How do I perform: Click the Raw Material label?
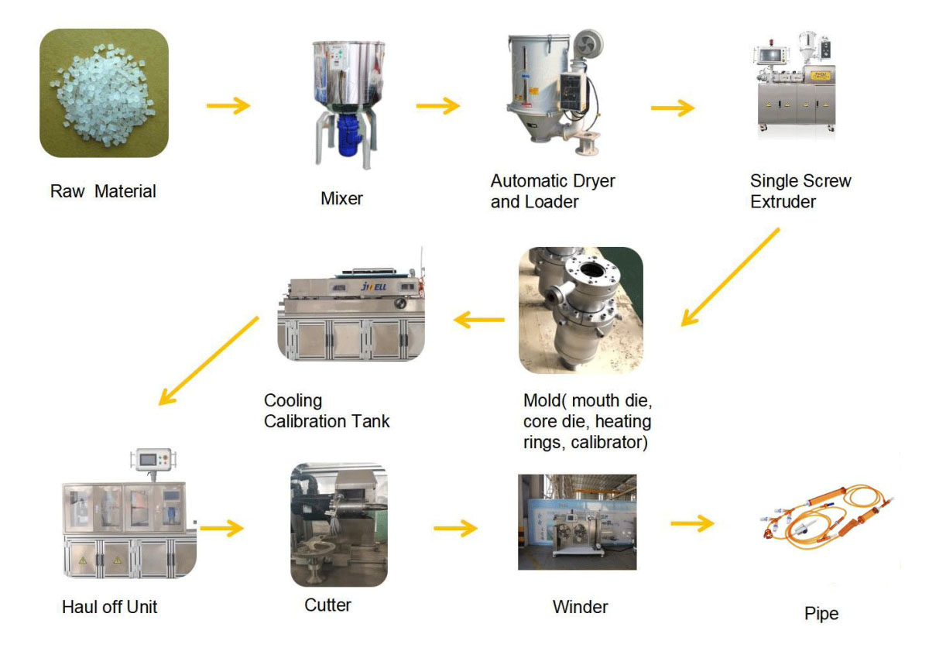[103, 191]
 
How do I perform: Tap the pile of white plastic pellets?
[102, 94]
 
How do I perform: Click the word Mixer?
[341, 199]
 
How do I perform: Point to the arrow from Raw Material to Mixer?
[228, 105]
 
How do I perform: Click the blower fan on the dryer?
[588, 45]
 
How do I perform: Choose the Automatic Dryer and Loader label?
[553, 191]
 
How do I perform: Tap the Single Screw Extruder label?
[800, 191]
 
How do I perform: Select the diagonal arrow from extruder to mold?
[730, 277]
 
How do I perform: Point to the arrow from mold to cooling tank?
[479, 320]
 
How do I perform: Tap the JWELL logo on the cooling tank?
[374, 286]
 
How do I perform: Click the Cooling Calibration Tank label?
[327, 411]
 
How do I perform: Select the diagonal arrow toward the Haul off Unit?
[208, 361]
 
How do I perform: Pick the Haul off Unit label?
[109, 607]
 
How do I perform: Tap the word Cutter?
[327, 605]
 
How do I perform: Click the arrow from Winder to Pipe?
[692, 523]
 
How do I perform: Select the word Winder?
[580, 607]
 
